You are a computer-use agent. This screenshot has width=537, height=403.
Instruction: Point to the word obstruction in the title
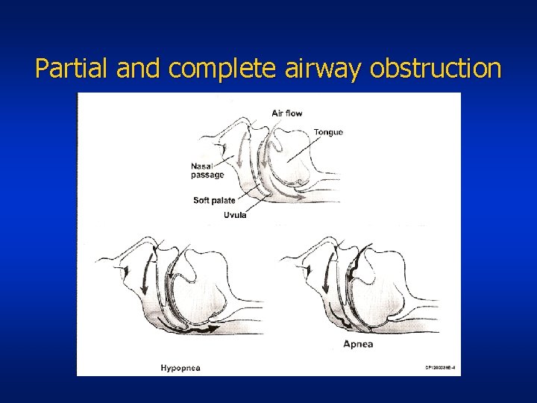pyautogui.click(x=436, y=69)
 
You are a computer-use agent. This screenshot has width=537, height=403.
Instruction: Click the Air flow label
pyautogui.click(x=287, y=113)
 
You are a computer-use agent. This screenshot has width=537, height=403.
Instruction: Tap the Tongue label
pyautogui.click(x=328, y=132)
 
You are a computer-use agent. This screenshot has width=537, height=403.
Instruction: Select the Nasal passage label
pyautogui.click(x=207, y=170)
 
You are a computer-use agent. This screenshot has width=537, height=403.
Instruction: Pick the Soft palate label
pyautogui.click(x=214, y=200)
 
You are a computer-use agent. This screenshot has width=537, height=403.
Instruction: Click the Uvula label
pyautogui.click(x=235, y=215)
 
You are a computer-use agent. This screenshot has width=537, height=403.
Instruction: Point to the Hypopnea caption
pyautogui.click(x=180, y=367)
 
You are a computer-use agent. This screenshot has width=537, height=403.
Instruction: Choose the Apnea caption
pyautogui.click(x=358, y=344)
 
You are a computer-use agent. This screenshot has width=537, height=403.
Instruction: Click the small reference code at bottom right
pyautogui.click(x=441, y=367)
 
